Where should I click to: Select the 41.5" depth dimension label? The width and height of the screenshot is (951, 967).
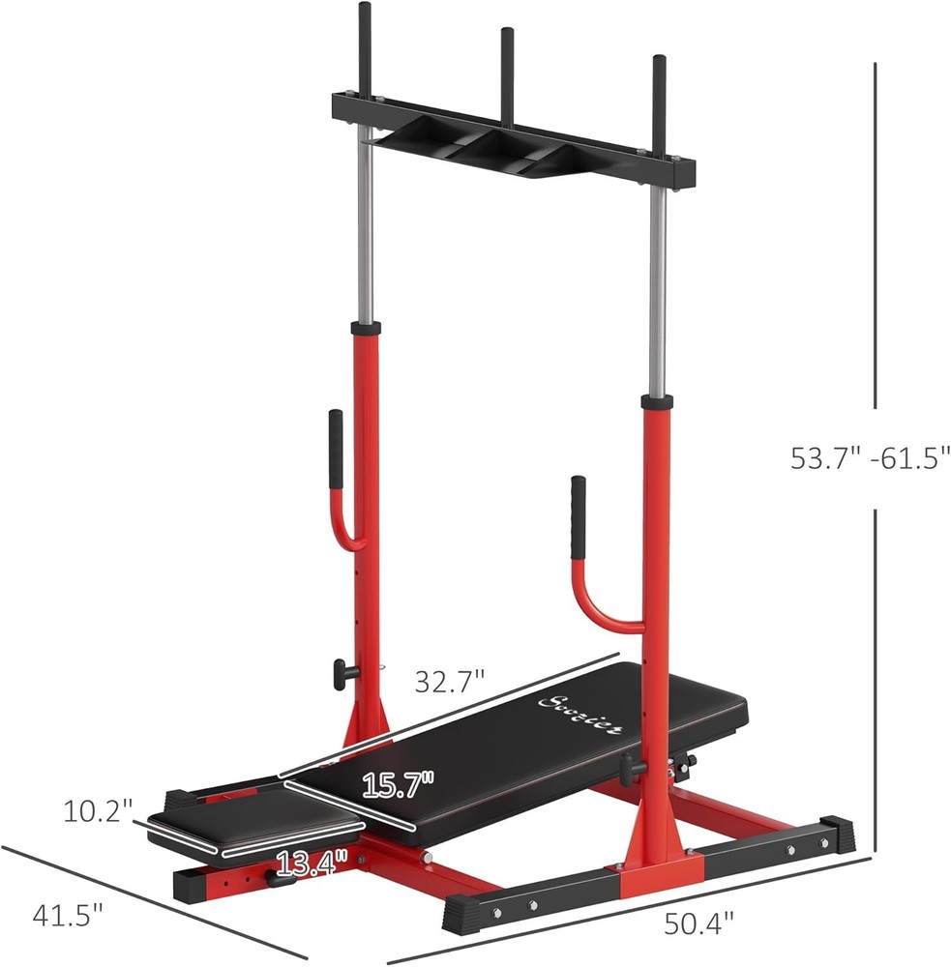coord(67,913)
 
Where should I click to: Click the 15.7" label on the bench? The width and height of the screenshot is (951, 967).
coord(399,783)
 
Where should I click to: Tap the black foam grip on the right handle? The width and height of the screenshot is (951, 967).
coord(579,518)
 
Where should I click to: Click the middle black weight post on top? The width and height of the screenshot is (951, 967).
coord(505,57)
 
